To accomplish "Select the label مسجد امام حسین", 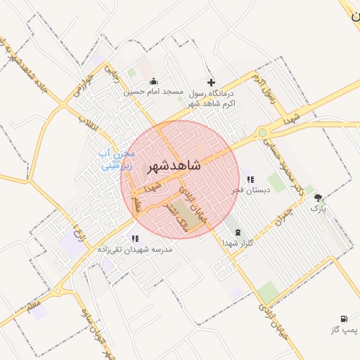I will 154,92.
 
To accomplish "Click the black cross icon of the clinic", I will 211,82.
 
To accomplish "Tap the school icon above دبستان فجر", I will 251,179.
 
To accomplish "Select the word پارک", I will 319,209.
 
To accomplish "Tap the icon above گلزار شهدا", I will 237,231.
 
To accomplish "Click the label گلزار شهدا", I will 237,242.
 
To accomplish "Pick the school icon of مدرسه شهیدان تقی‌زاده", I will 134,238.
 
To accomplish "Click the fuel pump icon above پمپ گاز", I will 344,319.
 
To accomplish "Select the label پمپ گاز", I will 344,330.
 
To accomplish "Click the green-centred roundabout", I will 262,131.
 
